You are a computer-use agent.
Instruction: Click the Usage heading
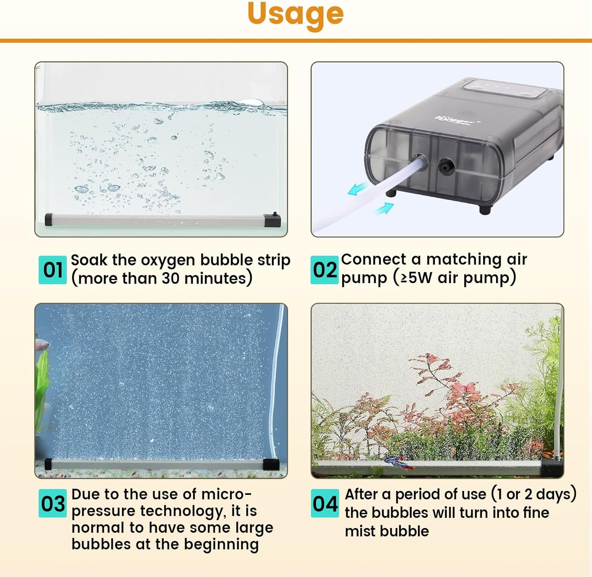(296, 15)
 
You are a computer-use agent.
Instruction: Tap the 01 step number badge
(53, 270)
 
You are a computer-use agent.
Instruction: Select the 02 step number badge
(324, 270)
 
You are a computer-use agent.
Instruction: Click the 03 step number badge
(53, 503)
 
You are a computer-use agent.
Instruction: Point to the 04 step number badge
(325, 503)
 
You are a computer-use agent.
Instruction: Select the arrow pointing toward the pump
(384, 208)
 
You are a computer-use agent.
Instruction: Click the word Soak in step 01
(89, 260)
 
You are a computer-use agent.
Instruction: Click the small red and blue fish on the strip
(399, 462)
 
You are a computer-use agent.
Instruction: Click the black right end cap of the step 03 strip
(272, 464)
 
